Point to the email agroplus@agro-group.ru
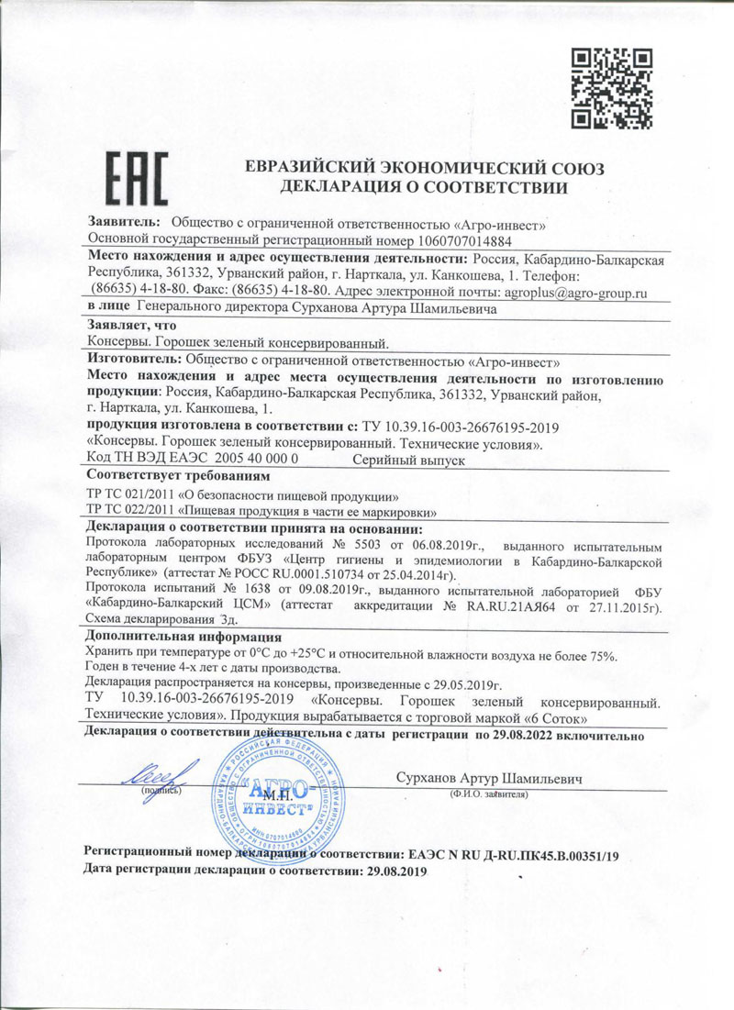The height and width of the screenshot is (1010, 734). [577, 292]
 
